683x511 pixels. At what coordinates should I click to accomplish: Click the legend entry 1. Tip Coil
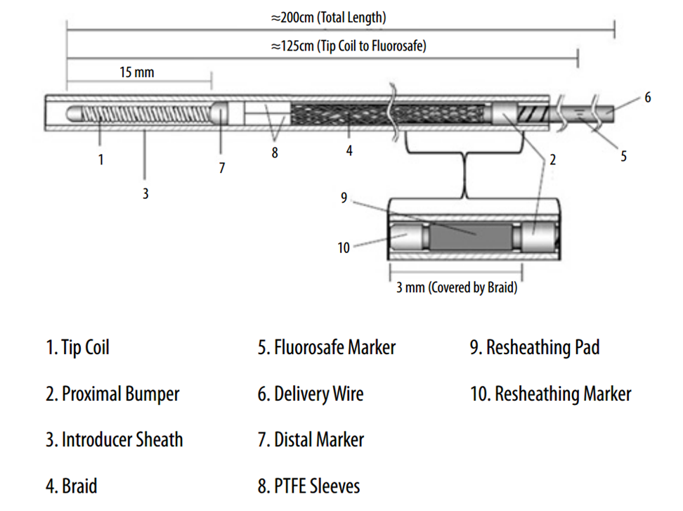pyautogui.click(x=77, y=347)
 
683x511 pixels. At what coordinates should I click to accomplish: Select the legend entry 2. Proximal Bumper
pyautogui.click(x=112, y=394)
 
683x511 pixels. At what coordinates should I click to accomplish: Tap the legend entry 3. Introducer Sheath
pyautogui.click(x=114, y=440)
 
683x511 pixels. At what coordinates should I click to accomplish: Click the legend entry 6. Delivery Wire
pyautogui.click(x=311, y=394)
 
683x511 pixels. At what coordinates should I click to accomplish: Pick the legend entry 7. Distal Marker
pyautogui.click(x=311, y=440)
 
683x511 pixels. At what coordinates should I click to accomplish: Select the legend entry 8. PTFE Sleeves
pyautogui.click(x=308, y=486)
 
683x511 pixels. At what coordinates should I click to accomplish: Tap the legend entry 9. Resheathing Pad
pyautogui.click(x=535, y=347)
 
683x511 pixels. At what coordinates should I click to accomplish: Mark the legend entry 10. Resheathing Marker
pyautogui.click(x=550, y=394)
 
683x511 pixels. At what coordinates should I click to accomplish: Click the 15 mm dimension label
pyautogui.click(x=136, y=72)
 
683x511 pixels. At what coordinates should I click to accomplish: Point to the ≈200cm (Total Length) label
pyautogui.click(x=328, y=18)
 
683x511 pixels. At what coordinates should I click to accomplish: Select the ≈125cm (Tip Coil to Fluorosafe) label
pyautogui.click(x=349, y=46)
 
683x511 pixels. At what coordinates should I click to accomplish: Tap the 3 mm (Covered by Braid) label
pyautogui.click(x=457, y=287)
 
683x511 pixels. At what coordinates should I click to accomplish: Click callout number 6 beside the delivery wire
pyautogui.click(x=647, y=98)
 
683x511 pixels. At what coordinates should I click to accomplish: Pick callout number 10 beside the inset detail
pyautogui.click(x=344, y=247)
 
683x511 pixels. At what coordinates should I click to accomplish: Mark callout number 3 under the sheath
pyautogui.click(x=145, y=193)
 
